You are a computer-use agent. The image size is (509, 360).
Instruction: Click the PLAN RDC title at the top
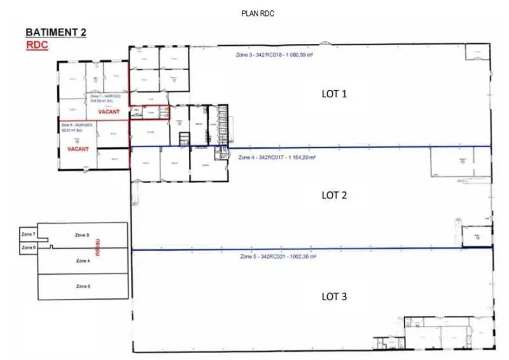pos(258,13)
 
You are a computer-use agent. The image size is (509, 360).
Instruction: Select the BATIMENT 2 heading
pos(55,32)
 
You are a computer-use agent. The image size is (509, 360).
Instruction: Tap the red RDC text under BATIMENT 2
pos(36,45)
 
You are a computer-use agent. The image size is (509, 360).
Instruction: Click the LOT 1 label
pos(333,94)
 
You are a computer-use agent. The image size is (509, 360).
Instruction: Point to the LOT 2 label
pos(333,195)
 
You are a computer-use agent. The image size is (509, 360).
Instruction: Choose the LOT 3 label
pos(333,296)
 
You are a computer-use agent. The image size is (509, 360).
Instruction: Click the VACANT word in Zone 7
pos(109,111)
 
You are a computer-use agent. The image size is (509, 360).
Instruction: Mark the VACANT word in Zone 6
pos(78,149)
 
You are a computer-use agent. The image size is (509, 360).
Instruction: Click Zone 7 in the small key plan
pos(28,235)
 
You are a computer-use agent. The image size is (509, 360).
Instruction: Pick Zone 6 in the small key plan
pos(28,247)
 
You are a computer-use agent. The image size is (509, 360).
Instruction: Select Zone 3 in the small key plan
pos(83,235)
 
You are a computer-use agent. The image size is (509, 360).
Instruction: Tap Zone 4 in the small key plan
pos(83,261)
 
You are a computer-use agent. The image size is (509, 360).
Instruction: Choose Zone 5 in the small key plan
pos(83,286)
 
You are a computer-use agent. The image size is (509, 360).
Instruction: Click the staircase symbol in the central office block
pos(185,138)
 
